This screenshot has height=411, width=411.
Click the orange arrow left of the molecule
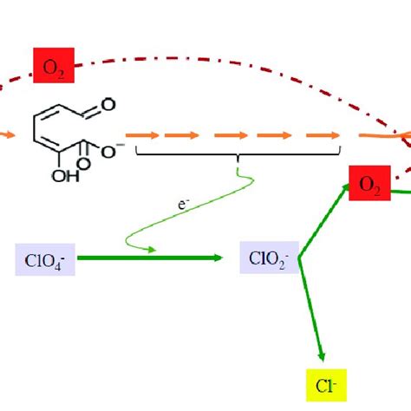[x=6, y=135]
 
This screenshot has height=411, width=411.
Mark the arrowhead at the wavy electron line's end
[x=152, y=251]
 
